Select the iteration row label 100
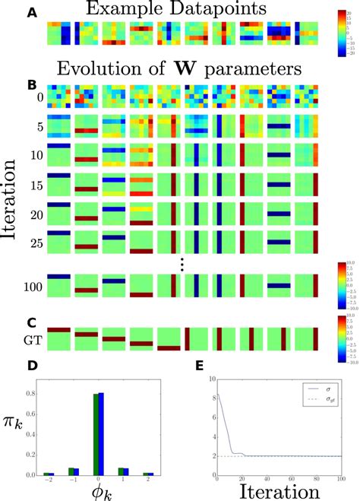click(32, 289)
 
